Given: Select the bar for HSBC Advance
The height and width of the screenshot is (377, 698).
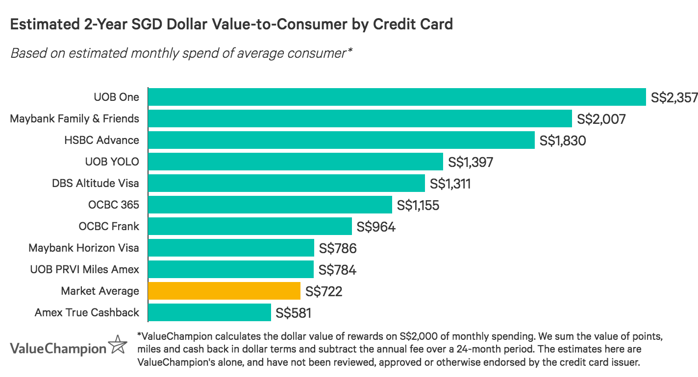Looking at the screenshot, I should (x=341, y=140).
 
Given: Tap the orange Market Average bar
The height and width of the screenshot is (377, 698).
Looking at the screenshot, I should (x=224, y=291).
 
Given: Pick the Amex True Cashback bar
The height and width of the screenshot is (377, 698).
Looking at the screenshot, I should (x=209, y=312).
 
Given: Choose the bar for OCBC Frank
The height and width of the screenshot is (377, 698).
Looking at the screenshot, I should (x=250, y=226).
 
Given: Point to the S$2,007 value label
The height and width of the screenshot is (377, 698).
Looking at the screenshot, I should (x=601, y=119).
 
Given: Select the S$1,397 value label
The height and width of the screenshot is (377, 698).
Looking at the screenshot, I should (x=470, y=162).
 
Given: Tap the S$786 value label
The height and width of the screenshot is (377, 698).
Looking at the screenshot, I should (x=338, y=248).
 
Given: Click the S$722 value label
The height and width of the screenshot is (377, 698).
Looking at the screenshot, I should (x=324, y=291).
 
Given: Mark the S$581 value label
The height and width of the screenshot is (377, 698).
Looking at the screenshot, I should (x=294, y=313).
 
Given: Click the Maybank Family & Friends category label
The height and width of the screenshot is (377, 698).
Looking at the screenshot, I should (x=75, y=118).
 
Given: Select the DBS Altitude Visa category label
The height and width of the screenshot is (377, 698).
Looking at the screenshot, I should (x=96, y=183).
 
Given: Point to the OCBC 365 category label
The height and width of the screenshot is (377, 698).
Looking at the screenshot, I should (x=114, y=205).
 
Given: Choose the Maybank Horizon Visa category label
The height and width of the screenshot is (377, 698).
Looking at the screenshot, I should (x=84, y=248).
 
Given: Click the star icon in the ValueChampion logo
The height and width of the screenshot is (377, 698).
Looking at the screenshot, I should (x=118, y=345).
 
